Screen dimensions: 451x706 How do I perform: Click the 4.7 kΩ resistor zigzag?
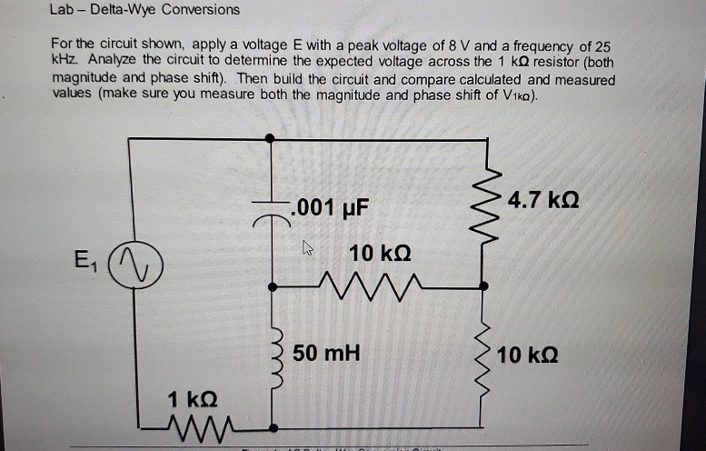pos(482,198)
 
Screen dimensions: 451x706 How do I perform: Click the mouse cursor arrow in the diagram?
pos(306,246)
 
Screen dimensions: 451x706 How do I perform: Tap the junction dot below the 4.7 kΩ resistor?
pos(483,286)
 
